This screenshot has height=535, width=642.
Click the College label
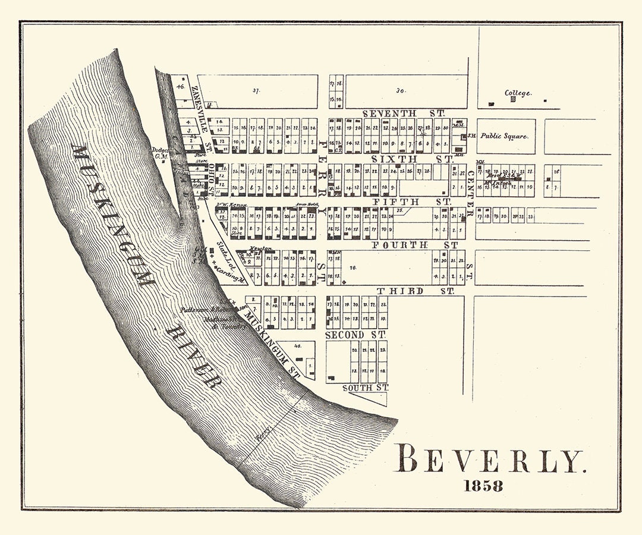tap(518, 93)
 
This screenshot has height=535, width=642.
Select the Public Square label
tap(504, 136)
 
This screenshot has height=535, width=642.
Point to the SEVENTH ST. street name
tap(399, 113)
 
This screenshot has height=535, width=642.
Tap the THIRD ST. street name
tap(416, 291)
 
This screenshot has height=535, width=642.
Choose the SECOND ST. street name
tap(356, 335)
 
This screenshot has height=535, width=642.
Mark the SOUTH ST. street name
tap(365, 388)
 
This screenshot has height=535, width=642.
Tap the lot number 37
tap(257, 91)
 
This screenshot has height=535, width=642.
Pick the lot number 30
tap(401, 91)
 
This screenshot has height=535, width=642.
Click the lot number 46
tap(180, 86)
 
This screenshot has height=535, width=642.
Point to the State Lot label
tap(224, 253)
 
